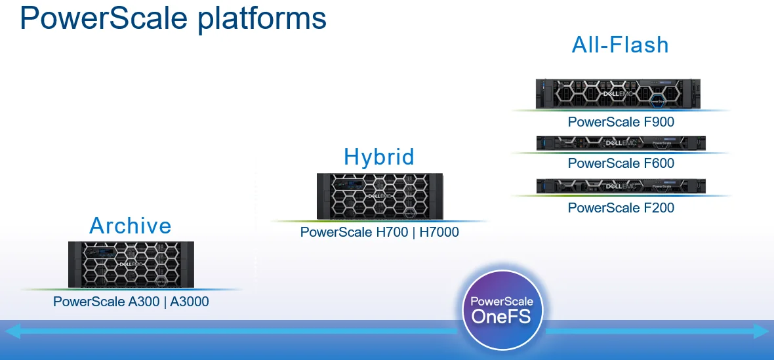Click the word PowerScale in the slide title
pyautogui.click(x=104, y=18)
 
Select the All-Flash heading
pyautogui.click(x=621, y=45)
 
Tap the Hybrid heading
pyautogui.click(x=379, y=157)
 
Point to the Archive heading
pyautogui.click(x=131, y=226)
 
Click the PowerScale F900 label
pyautogui.click(x=621, y=122)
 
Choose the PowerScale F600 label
pyautogui.click(x=621, y=163)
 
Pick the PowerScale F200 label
pyautogui.click(x=621, y=208)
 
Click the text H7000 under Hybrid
pyautogui.click(x=439, y=232)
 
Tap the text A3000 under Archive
pyautogui.click(x=190, y=302)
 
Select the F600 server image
pyautogui.click(x=621, y=143)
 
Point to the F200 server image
pyautogui.click(x=621, y=186)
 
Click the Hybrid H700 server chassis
pyautogui.click(x=380, y=196)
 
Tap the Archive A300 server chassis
pyautogui.click(x=131, y=264)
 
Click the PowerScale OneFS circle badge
pyautogui.click(x=502, y=308)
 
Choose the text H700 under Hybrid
pyautogui.click(x=391, y=232)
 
